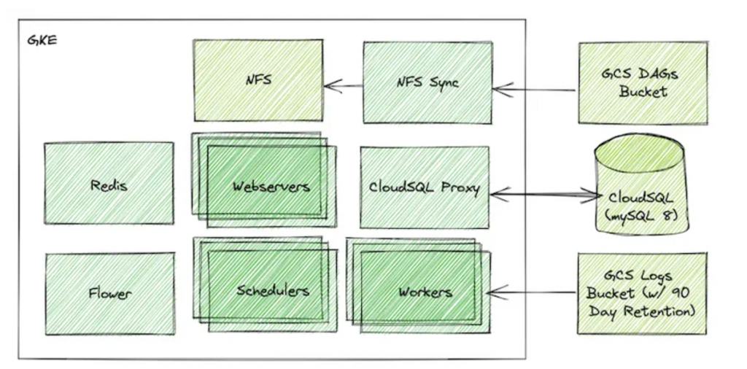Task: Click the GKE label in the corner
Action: point(42,39)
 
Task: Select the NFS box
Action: point(258,80)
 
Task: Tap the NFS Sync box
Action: point(427,82)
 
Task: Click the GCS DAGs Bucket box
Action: point(643,83)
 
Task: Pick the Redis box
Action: point(109,185)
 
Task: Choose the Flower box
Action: point(109,294)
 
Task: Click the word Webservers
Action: point(271,186)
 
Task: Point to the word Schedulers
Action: point(273,291)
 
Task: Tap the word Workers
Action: point(425,292)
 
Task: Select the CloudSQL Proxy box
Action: point(425,187)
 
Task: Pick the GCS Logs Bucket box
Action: point(642,294)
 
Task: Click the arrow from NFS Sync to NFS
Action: point(344,86)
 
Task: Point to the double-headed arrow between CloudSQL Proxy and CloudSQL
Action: point(543,194)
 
